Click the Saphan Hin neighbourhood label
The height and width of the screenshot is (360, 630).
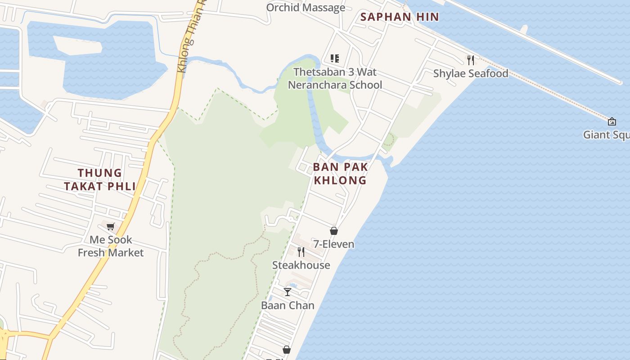tap(400, 17)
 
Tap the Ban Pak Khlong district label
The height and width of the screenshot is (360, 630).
tap(340, 173)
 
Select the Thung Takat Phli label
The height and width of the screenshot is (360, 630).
tap(100, 179)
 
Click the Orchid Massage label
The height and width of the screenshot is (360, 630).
tap(306, 8)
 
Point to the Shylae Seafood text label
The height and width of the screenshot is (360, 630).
tap(471, 73)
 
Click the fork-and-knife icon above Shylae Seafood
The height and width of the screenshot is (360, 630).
tap(471, 60)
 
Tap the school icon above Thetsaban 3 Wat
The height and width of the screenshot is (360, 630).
tap(335, 58)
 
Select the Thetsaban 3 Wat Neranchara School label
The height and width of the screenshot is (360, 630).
tap(335, 78)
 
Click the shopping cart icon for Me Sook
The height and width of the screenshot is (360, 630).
tap(111, 226)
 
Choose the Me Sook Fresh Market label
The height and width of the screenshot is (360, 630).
tap(111, 246)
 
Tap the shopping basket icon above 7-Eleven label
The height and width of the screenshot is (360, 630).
tap(334, 231)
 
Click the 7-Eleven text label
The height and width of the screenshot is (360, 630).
tap(334, 244)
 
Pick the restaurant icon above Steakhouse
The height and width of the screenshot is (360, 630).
tap(301, 252)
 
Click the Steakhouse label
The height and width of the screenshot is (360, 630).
tap(301, 265)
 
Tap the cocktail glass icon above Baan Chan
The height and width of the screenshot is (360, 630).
tap(288, 292)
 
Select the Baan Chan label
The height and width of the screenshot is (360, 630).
tap(288, 305)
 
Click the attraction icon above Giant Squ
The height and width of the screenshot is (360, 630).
tap(612, 121)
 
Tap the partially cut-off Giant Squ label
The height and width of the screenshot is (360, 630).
tap(606, 135)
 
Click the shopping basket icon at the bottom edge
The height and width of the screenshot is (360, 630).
tap(286, 350)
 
